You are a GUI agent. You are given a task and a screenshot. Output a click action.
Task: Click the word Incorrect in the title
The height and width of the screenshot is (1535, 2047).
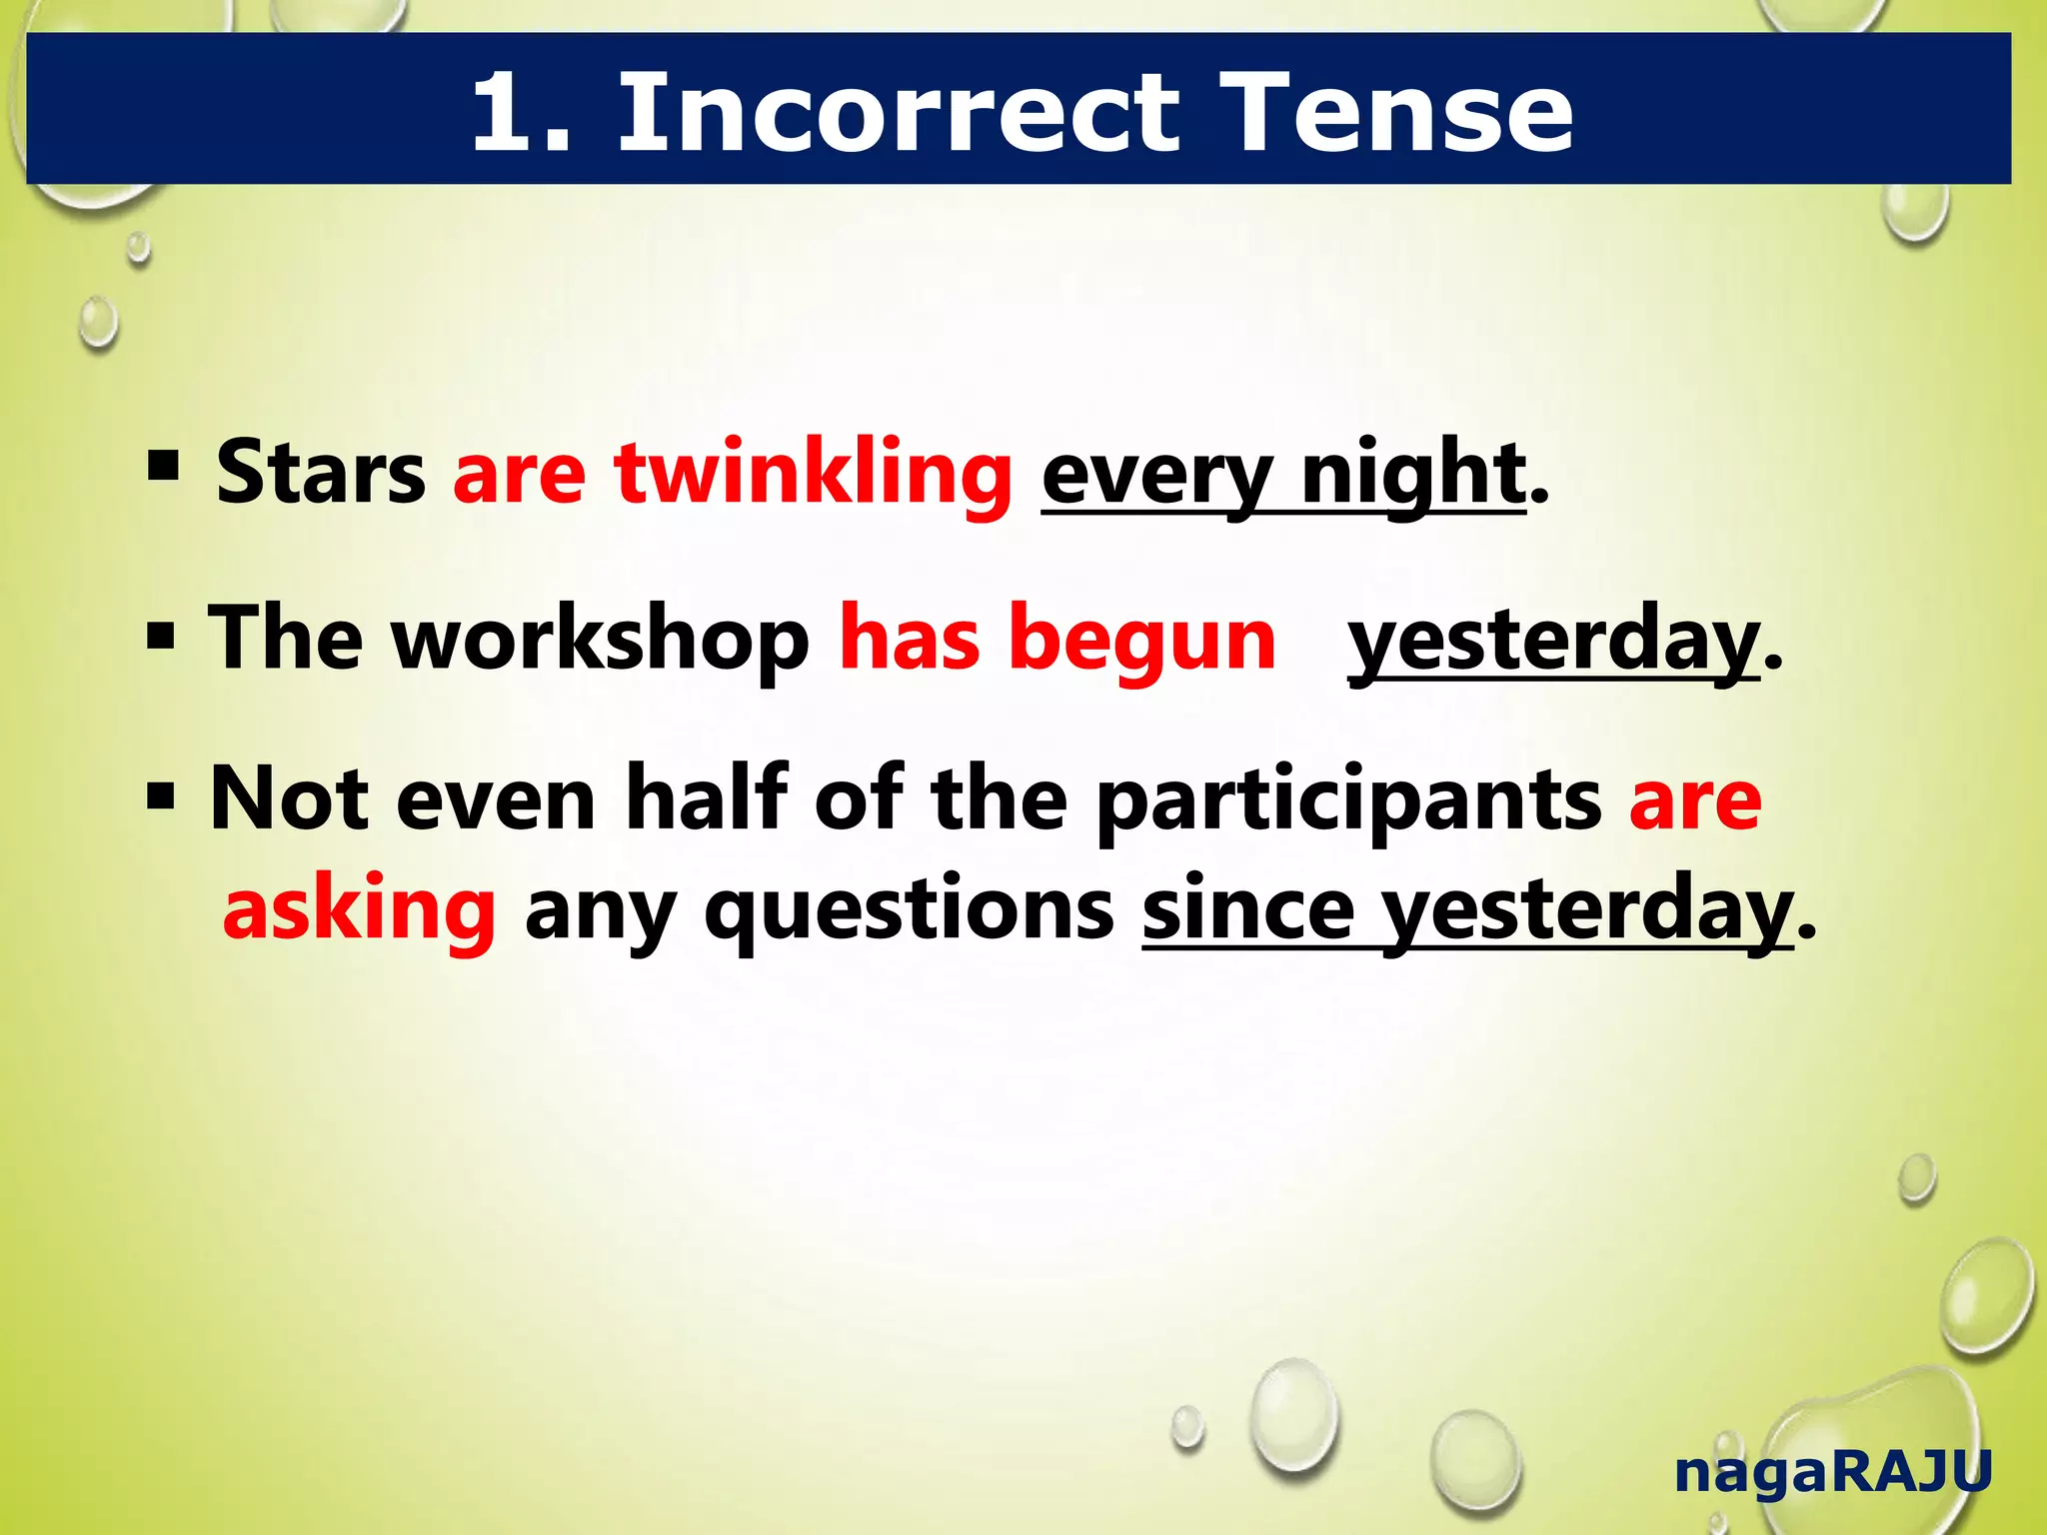(x=899, y=112)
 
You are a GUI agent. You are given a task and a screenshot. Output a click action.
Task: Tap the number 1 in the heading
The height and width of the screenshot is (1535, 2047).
(x=510, y=112)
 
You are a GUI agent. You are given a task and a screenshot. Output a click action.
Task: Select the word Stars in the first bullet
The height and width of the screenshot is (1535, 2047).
(x=321, y=472)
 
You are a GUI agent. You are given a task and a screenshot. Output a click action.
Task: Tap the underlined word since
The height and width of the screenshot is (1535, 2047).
(x=1248, y=909)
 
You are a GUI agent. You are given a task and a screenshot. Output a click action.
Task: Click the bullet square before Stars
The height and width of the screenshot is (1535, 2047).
(x=163, y=466)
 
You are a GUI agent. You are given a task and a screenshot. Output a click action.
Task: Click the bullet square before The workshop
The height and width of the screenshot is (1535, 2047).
(x=161, y=636)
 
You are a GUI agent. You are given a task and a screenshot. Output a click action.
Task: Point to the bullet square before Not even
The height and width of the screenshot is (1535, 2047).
(x=161, y=796)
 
